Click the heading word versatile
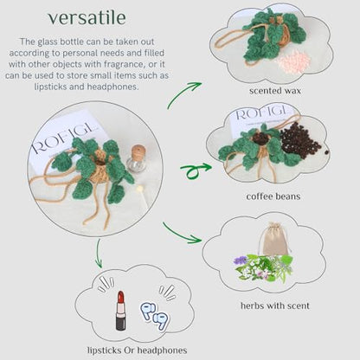[x=87, y=18]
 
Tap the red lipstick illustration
[x=120, y=311]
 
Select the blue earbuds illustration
[x=155, y=315]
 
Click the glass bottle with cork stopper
[x=137, y=158]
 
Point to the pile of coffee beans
[x=300, y=139]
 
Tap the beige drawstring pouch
[x=273, y=239]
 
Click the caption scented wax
[x=275, y=91]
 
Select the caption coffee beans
[x=273, y=196]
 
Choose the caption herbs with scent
[x=275, y=305]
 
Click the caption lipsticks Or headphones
[x=138, y=350]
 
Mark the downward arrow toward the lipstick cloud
[x=99, y=253]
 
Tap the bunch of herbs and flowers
[x=263, y=268]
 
